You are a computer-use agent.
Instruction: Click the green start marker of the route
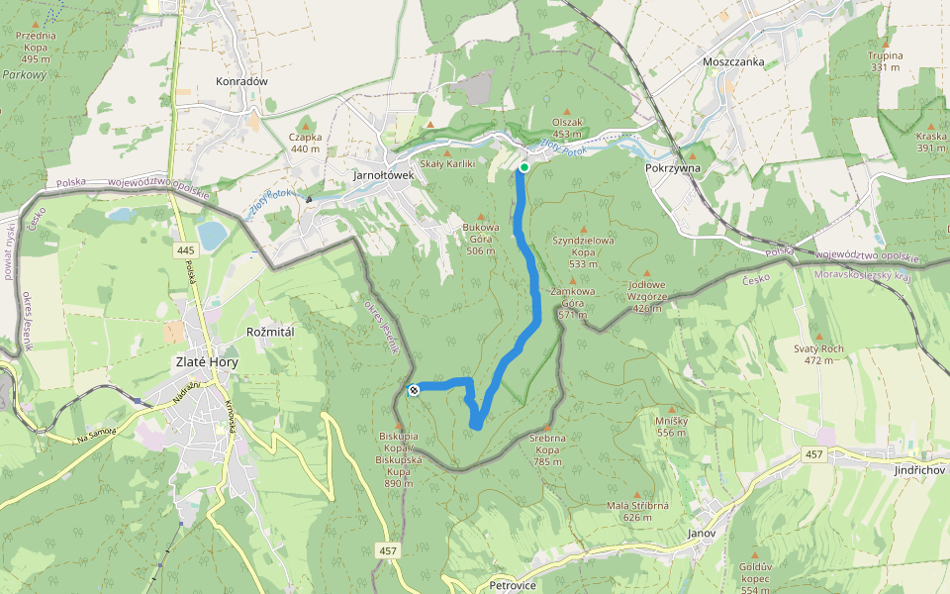(x=523, y=168)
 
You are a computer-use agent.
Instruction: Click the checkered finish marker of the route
(x=414, y=390)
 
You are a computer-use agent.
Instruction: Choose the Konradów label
(x=241, y=81)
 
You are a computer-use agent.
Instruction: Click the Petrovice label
(x=512, y=586)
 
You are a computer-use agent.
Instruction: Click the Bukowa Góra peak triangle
(x=482, y=218)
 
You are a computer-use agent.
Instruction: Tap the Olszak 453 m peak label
(x=567, y=128)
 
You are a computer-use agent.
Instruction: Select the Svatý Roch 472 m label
(x=818, y=354)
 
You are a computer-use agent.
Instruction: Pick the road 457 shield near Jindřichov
(x=814, y=454)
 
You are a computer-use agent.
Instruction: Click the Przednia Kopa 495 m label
(x=35, y=47)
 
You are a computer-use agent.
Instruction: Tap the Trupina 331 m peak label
(x=885, y=61)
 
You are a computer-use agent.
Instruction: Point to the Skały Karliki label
(x=447, y=163)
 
